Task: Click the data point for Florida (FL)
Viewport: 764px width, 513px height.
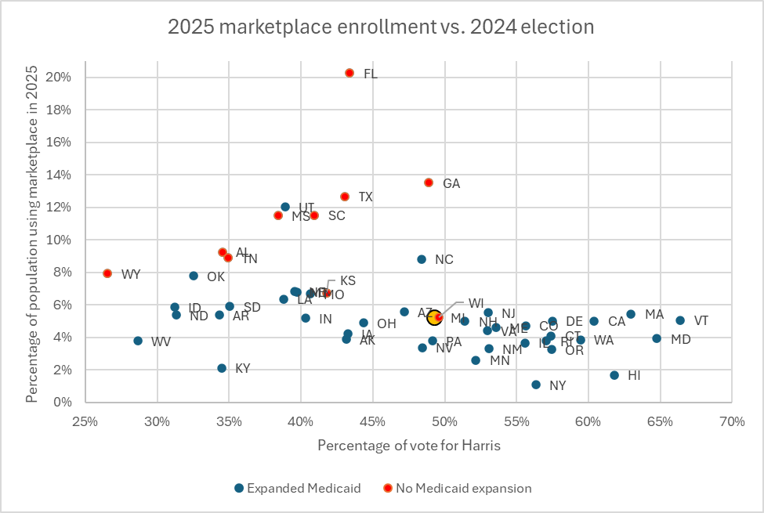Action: click(x=349, y=73)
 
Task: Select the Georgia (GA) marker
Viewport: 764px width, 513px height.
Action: click(x=429, y=182)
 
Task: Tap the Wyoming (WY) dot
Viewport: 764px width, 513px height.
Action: click(x=107, y=273)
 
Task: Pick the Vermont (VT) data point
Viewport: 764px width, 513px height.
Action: click(x=680, y=320)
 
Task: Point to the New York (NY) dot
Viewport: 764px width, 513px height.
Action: click(x=536, y=385)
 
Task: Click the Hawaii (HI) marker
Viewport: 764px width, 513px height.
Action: click(x=614, y=375)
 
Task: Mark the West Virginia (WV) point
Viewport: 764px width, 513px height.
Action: click(x=138, y=341)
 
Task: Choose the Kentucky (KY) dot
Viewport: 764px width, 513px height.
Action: click(x=222, y=368)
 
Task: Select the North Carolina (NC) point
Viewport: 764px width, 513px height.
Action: click(x=422, y=259)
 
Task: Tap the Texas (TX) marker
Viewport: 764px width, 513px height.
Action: click(x=345, y=197)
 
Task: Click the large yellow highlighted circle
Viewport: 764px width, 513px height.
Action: click(x=435, y=317)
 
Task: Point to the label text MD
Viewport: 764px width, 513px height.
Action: click(x=681, y=340)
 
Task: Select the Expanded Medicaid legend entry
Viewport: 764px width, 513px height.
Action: click(x=297, y=488)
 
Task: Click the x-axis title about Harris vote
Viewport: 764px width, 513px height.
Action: click(x=409, y=446)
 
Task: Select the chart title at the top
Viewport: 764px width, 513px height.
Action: click(x=381, y=27)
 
